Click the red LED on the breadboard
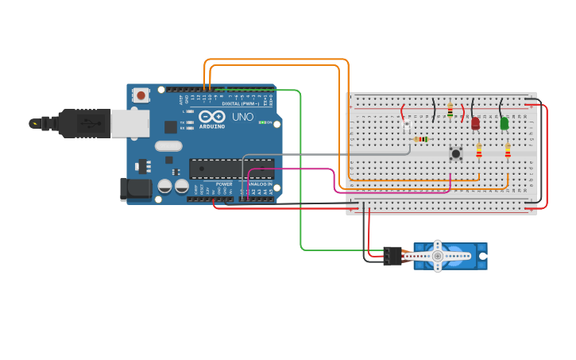[475, 123]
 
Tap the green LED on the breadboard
[504, 123]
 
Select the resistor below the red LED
[478, 150]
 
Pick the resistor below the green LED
[508, 150]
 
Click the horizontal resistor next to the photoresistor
[421, 139]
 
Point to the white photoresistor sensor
[406, 126]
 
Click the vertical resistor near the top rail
[450, 110]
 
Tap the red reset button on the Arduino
[141, 95]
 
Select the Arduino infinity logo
[211, 116]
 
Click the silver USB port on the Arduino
[130, 123]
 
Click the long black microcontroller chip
[231, 168]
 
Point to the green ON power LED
[269, 122]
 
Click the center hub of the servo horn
[437, 256]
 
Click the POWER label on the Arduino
[224, 184]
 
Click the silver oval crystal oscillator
[168, 145]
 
